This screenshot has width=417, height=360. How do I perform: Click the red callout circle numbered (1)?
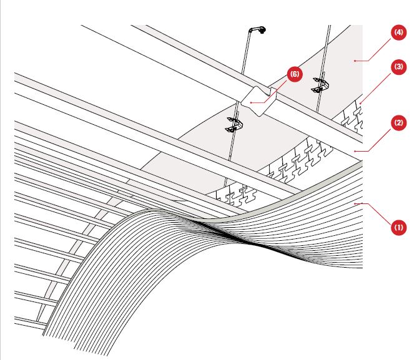click(399, 227)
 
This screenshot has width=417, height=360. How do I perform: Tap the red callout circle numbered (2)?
click(399, 123)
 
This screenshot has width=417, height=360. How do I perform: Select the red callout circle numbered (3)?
click(399, 67)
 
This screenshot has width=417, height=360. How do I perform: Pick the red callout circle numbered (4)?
click(399, 32)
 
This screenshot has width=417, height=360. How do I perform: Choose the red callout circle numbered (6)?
click(295, 74)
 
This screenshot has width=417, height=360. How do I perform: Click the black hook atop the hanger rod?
click(257, 29)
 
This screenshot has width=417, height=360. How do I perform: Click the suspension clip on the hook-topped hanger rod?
click(234, 125)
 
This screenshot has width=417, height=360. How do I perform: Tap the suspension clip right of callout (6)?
click(320, 85)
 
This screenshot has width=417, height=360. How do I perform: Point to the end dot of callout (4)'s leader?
click(355, 61)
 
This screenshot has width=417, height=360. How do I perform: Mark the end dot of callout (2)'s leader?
click(355, 151)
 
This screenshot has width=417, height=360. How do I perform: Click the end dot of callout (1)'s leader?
click(355, 204)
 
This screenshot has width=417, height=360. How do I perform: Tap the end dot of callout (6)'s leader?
click(251, 102)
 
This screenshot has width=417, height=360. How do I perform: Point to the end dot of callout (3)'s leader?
click(360, 103)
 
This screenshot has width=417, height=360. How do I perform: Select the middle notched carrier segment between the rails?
click(298, 160)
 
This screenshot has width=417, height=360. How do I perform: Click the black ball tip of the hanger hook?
click(263, 31)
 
